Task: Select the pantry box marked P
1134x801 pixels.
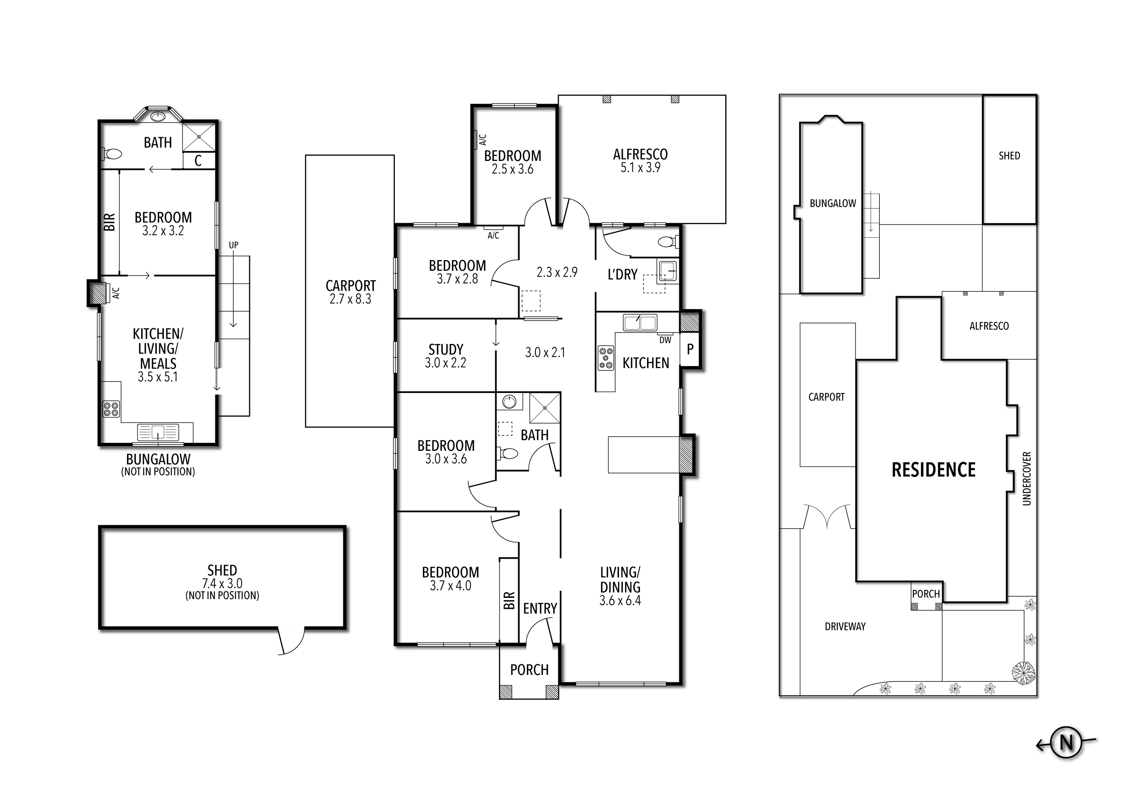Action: tap(690, 349)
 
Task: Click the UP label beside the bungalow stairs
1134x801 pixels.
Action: tap(234, 245)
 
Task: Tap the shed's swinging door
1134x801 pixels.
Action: tap(291, 642)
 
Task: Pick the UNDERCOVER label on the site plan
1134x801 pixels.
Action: tap(1027, 479)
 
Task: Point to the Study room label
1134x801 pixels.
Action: tap(446, 350)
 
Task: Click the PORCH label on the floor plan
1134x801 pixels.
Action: tap(529, 670)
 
